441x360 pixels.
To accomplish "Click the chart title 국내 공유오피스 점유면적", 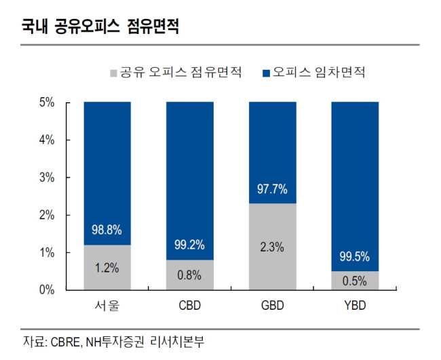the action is tap(100, 26).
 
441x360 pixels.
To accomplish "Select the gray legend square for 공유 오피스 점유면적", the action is tap(113, 73).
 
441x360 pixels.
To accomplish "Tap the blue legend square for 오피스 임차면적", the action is tap(266, 73).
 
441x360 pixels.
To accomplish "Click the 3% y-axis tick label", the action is tap(47, 178).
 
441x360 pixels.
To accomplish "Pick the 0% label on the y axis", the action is tap(47, 289).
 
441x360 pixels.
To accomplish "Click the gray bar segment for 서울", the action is tap(107, 268).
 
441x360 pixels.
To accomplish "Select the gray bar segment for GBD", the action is tap(273, 247).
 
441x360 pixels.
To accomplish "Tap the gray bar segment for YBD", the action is tap(355, 281).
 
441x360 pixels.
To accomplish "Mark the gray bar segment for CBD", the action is tap(190, 275).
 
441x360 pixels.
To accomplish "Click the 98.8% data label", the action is tap(107, 230).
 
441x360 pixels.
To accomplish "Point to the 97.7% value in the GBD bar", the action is tap(272, 189).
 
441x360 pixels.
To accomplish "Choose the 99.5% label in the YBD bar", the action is tap(355, 256).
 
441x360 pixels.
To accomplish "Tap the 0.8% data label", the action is tap(189, 275).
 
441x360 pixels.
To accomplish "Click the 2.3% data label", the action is tap(272, 247).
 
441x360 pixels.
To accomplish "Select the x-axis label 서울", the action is tap(107, 306).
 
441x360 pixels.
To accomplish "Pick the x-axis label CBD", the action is tap(190, 306).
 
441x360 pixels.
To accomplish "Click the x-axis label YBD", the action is tap(355, 306).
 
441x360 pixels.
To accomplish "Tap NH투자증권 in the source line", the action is tap(115, 342).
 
